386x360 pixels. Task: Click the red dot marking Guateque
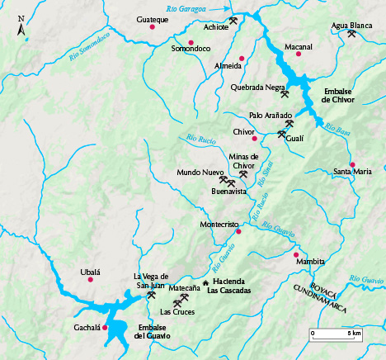pyautogui.click(x=153, y=28)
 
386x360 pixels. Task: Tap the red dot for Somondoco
pyautogui.click(x=191, y=43)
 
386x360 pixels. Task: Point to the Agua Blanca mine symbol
pyautogui.click(x=352, y=34)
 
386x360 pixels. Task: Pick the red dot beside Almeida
pyautogui.click(x=242, y=58)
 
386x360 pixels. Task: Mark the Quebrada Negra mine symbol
pyautogui.click(x=285, y=94)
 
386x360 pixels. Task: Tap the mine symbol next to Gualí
pyautogui.click(x=282, y=134)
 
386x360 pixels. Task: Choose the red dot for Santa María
pyautogui.click(x=352, y=165)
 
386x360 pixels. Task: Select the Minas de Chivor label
pyautogui.click(x=243, y=161)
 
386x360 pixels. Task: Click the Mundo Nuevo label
pyautogui.click(x=200, y=173)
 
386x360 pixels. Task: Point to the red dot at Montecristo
pyautogui.click(x=239, y=231)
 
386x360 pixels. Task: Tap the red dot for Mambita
pyautogui.click(x=296, y=254)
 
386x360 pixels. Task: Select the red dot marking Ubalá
pyautogui.click(x=91, y=280)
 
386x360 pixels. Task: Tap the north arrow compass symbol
pyautogui.click(x=21, y=33)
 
